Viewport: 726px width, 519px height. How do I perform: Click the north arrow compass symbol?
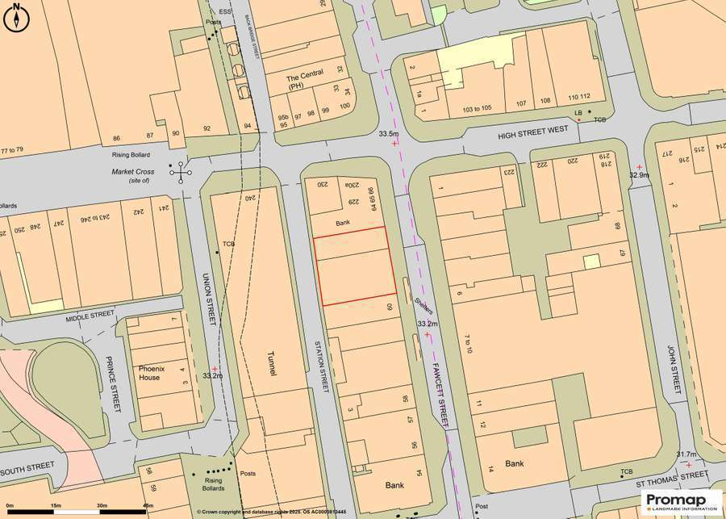15,17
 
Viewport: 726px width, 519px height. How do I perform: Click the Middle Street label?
91,316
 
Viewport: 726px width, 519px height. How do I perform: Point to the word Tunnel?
272,364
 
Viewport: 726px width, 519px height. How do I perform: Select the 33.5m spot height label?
389,133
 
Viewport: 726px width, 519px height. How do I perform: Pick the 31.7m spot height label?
686,454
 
